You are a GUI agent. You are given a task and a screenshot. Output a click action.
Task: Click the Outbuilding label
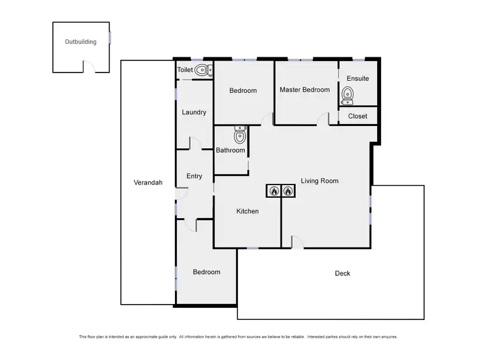point(81,42)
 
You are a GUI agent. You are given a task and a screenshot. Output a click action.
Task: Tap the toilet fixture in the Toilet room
point(203,70)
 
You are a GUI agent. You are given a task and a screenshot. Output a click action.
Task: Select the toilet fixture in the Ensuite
point(347,95)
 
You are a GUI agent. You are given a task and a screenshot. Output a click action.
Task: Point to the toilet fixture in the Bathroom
point(240,135)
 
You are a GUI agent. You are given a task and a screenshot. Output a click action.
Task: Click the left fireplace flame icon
point(273,190)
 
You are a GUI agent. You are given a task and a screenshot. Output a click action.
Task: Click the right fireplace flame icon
point(288,190)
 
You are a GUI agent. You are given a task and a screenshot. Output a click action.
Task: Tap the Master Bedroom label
point(305,90)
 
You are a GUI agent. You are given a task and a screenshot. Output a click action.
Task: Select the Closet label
point(357,116)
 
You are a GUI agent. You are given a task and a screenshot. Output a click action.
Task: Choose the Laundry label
point(194,113)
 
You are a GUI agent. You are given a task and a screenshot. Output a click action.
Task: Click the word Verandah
point(148,183)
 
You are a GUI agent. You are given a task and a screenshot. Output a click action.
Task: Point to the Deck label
point(342,273)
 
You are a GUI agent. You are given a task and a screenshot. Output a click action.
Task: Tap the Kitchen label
point(247,211)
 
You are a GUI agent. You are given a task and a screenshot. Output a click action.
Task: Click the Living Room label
point(319,181)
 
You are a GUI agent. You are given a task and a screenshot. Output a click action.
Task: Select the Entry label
point(194,176)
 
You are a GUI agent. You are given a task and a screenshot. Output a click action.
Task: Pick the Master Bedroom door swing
point(324,119)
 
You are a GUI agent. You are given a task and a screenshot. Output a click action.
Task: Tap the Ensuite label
point(357,79)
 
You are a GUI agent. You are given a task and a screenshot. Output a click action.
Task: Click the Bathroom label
point(230,151)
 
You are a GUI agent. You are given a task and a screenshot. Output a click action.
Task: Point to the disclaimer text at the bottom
point(238,336)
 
